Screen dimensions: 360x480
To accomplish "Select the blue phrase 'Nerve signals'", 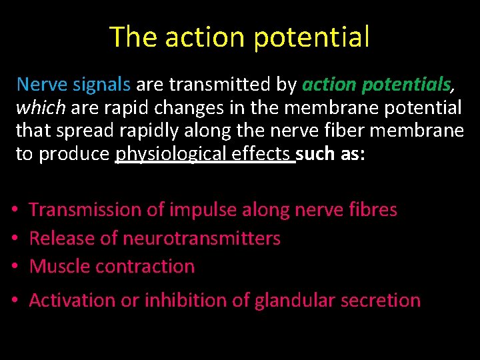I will tap(73, 84).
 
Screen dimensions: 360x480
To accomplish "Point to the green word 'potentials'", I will tap(407, 85).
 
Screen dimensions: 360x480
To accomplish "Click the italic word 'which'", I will tap(40, 107).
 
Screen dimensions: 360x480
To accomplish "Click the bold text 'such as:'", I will tap(330, 154).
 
